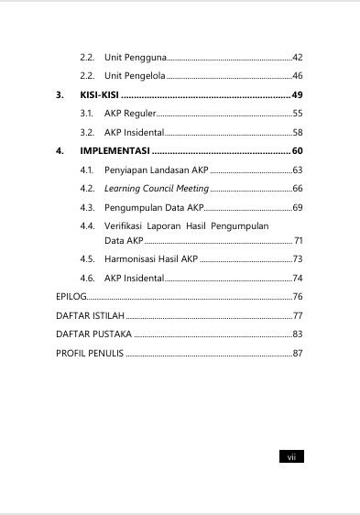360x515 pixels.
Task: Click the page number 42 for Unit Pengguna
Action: click(x=297, y=58)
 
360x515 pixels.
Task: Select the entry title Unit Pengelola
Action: click(x=136, y=75)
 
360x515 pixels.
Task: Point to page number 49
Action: click(x=297, y=95)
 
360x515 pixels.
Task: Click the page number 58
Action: click(x=297, y=132)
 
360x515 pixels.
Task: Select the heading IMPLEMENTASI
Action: click(x=115, y=150)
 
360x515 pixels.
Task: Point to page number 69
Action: click(x=297, y=208)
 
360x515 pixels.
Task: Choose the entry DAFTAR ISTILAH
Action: click(x=90, y=315)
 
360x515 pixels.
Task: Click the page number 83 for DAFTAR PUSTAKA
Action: click(x=297, y=334)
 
